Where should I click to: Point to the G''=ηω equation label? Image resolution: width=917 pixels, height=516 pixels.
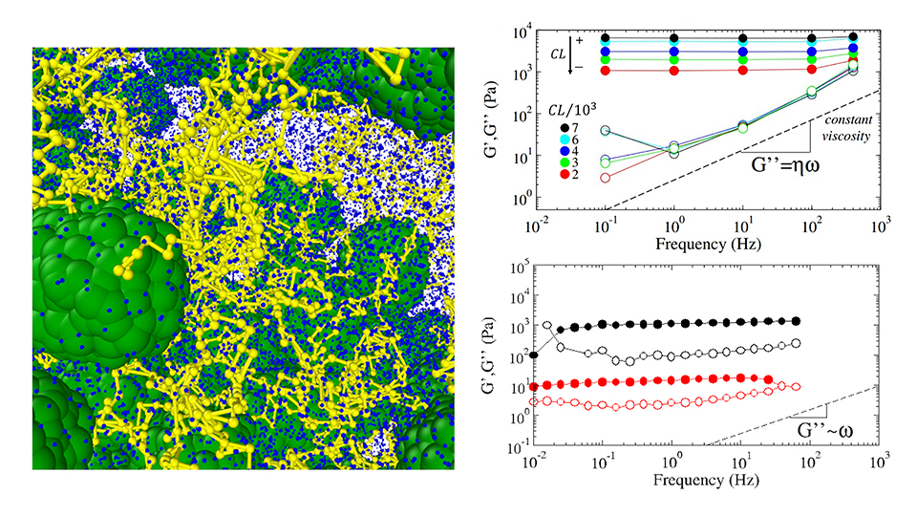(778, 163)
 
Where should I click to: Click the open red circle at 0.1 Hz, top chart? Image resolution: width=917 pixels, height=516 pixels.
(605, 178)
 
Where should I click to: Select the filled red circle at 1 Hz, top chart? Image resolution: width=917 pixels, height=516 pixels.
(673, 71)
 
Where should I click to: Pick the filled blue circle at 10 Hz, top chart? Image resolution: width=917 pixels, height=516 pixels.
(743, 51)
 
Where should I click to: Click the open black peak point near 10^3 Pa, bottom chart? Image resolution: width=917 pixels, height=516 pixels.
(546, 326)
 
